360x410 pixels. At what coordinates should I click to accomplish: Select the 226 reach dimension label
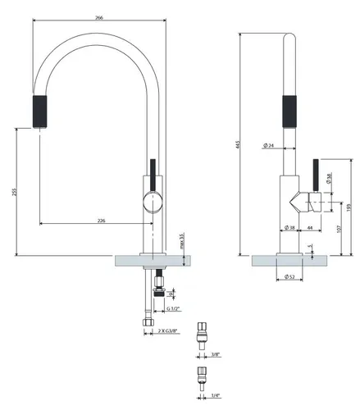click(x=101, y=219)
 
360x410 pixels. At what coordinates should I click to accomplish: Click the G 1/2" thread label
click(x=173, y=308)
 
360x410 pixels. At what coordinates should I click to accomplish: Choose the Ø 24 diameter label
click(x=268, y=146)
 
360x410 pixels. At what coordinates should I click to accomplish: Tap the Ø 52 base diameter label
click(x=291, y=276)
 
